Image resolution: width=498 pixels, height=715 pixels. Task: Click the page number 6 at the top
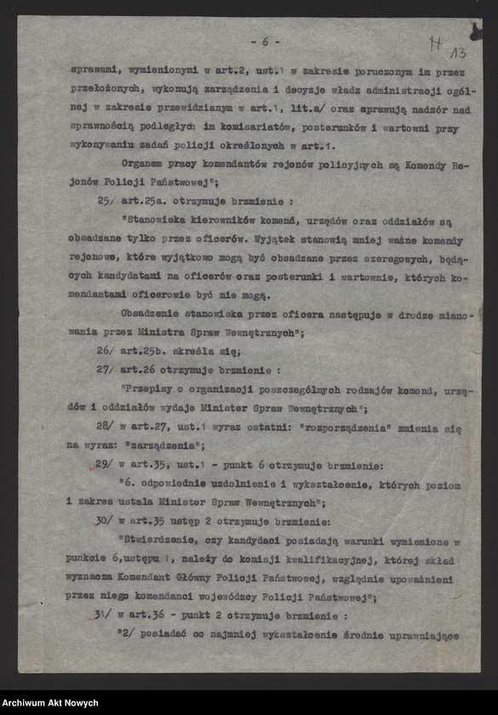click(x=265, y=42)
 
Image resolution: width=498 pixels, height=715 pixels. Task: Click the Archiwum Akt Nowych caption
click(x=50, y=702)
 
